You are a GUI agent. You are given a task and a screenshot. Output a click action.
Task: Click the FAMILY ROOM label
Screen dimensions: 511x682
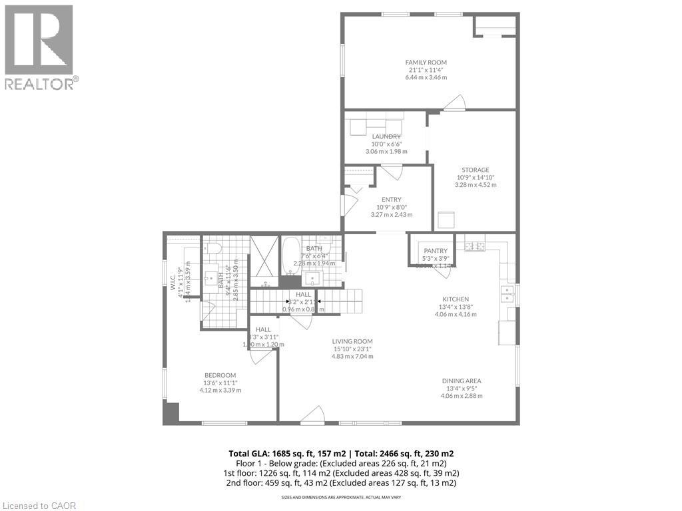point(426,63)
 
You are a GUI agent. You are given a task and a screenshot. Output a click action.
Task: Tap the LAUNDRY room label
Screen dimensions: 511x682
point(386,136)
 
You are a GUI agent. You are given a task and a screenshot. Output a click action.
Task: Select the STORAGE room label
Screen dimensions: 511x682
point(473,170)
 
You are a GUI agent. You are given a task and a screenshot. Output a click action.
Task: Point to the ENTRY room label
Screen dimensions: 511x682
point(391,199)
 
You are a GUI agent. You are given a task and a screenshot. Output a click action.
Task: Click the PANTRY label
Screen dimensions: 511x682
point(435,251)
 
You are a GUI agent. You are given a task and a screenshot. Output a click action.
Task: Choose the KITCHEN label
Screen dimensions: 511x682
point(456,299)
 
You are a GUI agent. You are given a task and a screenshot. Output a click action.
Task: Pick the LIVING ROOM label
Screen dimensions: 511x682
point(352,341)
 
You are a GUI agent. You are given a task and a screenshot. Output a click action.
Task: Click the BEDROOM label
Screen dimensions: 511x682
point(220,375)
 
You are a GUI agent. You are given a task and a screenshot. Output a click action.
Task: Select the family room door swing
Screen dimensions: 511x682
point(456,102)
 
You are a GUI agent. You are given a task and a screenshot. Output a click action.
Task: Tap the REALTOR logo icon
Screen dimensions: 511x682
point(39,40)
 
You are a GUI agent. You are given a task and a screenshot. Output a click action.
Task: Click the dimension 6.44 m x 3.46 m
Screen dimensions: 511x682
point(426,78)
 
